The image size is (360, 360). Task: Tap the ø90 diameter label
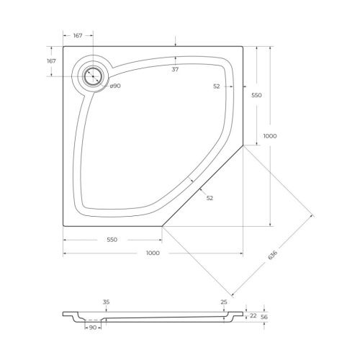[x=114, y=86]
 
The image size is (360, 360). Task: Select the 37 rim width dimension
[x=175, y=70]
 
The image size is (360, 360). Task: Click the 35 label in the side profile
[x=106, y=302]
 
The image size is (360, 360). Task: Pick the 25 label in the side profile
[x=224, y=302]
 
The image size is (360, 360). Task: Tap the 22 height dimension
[x=253, y=315]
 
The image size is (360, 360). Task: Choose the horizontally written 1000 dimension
[x=152, y=253]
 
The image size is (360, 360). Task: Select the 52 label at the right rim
[x=217, y=86]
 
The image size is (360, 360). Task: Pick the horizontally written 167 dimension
[x=78, y=35]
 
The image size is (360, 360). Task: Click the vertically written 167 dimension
[x=51, y=61]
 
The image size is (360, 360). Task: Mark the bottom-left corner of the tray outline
[x=63, y=225]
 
